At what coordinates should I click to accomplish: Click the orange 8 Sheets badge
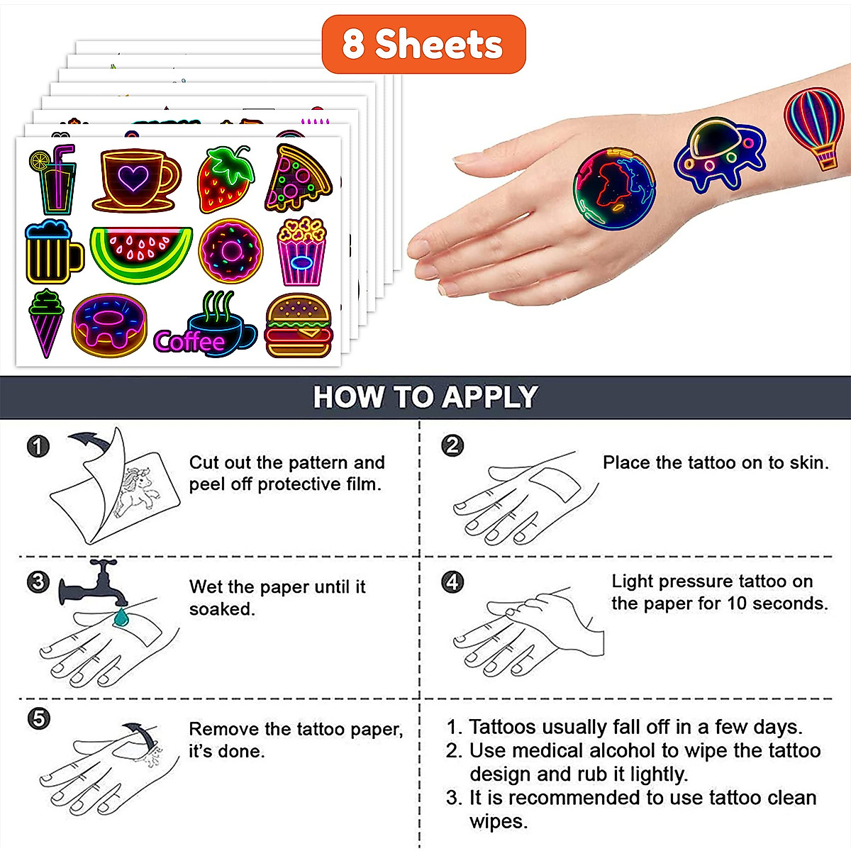click(x=423, y=44)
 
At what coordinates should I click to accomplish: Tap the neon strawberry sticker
click(x=225, y=180)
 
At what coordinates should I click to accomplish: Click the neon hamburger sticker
click(x=299, y=326)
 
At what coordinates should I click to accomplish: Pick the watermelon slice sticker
click(x=141, y=253)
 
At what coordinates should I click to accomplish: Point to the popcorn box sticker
click(x=301, y=252)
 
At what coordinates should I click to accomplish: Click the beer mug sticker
click(x=51, y=252)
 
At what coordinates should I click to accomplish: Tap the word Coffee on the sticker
click(x=189, y=342)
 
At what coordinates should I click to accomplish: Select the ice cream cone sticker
click(x=46, y=323)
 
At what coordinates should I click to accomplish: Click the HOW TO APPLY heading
click(x=425, y=397)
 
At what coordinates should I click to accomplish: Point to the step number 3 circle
click(x=38, y=582)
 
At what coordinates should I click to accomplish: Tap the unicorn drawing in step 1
click(x=138, y=489)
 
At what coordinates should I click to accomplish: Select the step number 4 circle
click(x=452, y=582)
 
